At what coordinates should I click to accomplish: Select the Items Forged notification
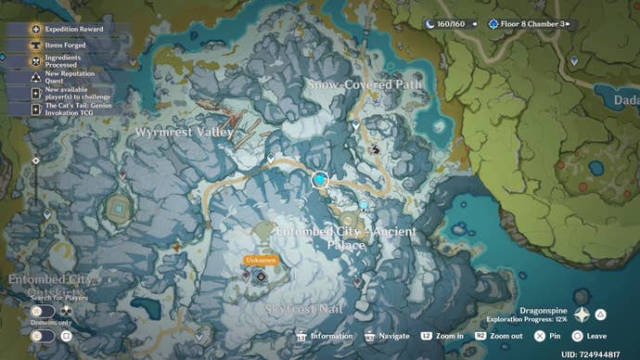65,44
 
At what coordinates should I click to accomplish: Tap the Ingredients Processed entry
65,61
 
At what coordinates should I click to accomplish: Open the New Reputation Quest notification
65,77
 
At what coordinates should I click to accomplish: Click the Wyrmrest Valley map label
184,133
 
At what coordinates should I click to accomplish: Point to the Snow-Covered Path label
365,84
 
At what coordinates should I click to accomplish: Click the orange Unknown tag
261,261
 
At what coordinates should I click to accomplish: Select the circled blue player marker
321,179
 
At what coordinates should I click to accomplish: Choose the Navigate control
389,336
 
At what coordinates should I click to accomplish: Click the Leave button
590,336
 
